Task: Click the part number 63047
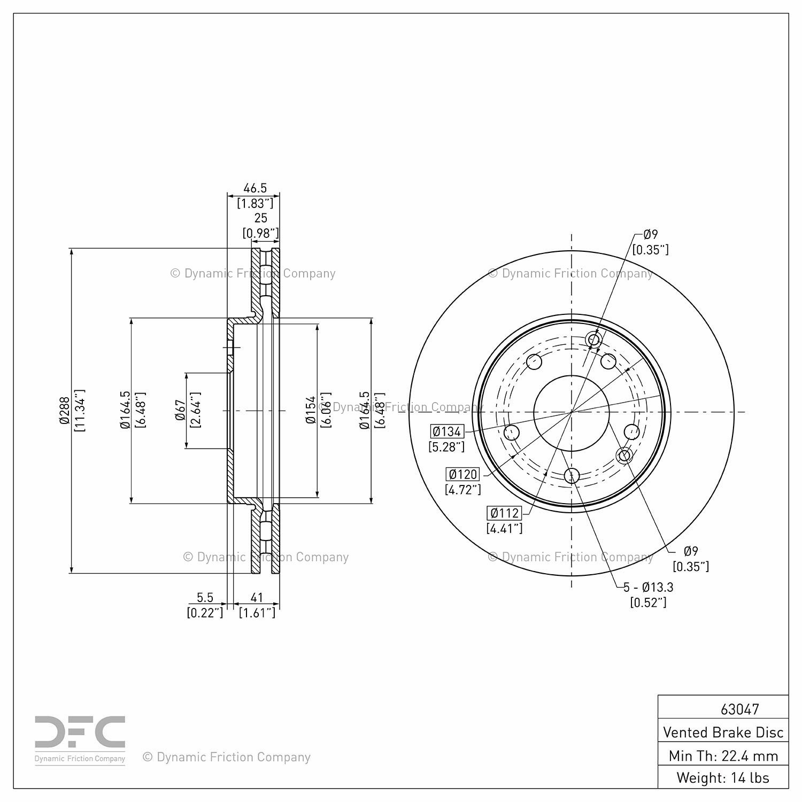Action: click(739, 709)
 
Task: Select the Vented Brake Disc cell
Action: click(723, 732)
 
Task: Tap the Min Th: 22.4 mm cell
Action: click(723, 755)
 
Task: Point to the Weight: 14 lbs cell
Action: click(723, 777)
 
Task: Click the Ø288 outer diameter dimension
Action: click(64, 411)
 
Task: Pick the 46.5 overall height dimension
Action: click(255, 188)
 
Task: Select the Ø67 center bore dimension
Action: click(180, 411)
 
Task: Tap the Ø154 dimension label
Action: click(310, 411)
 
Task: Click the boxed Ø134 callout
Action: click(447, 431)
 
